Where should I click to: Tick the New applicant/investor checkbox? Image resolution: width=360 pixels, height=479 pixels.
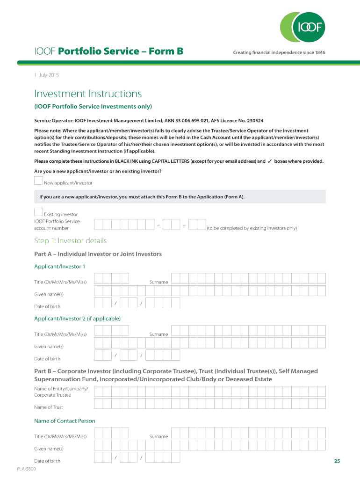point(39,181)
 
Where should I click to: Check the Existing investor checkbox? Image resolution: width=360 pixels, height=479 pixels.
point(39,212)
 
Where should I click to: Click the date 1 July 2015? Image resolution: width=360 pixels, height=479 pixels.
point(46,75)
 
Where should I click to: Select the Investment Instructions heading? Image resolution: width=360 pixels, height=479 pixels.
point(88,94)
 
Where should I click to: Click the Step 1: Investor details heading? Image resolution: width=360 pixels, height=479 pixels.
point(70,241)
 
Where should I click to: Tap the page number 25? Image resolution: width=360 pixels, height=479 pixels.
point(337,461)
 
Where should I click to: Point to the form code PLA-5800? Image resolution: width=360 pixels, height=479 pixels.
point(26,469)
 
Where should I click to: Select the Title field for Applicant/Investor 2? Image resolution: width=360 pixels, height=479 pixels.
point(111,331)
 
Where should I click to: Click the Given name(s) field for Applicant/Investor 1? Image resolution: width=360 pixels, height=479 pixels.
point(209,291)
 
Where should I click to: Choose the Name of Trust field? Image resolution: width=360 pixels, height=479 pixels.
point(209,404)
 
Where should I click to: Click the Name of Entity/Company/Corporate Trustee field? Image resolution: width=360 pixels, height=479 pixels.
point(209,392)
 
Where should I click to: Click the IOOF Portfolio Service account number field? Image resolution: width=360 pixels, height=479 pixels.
point(150,225)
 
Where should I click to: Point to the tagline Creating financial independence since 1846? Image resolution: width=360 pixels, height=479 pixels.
point(279,52)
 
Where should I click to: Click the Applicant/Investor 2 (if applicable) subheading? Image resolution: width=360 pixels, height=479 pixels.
point(78,319)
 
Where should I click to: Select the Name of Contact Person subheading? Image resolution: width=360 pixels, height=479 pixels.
point(65,421)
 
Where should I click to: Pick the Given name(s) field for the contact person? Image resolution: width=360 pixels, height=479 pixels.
point(209,445)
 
